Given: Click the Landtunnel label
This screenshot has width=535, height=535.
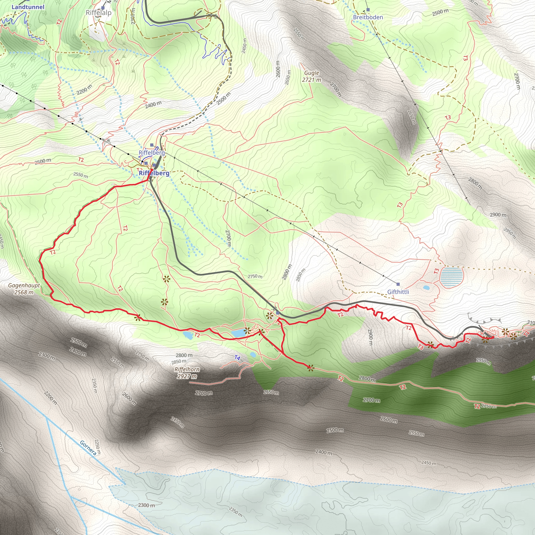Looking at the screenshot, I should [28, 7].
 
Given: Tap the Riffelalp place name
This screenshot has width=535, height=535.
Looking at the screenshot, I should [98, 13].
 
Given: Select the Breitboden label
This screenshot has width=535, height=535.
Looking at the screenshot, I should [368, 17].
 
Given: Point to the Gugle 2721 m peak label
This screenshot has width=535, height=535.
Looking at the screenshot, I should [312, 76].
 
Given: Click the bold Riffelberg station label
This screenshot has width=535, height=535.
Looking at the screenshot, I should [154, 173].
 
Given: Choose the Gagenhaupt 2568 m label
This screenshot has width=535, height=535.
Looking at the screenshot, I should [24, 289].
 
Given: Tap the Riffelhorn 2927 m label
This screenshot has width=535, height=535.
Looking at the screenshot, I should [187, 373].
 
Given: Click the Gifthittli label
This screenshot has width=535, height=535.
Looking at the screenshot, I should [398, 292].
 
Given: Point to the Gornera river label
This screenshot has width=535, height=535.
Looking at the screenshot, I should [88, 448].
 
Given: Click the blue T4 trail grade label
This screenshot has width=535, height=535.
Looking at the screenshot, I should [237, 358].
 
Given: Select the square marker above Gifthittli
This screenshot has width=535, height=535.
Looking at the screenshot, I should [398, 284].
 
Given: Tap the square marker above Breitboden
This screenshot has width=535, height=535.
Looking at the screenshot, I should [368, 10].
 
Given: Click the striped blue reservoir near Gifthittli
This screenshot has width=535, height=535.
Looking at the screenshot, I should [451, 276].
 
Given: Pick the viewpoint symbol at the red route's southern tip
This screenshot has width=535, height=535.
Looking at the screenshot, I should [311, 368].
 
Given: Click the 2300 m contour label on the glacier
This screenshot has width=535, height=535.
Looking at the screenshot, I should [147, 505].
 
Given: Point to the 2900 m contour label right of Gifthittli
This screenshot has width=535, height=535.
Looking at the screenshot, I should [498, 215].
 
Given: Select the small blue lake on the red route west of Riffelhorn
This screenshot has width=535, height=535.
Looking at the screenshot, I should [188, 335].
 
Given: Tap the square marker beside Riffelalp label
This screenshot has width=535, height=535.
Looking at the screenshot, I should [103, 8].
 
